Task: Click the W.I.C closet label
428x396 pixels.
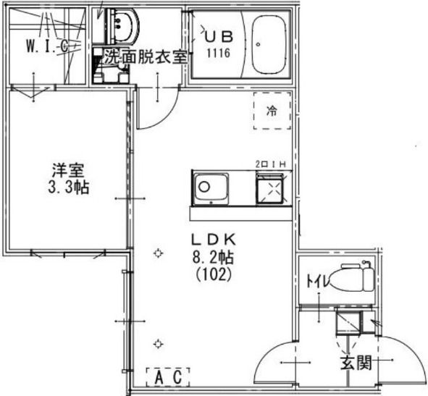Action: coord(47,46)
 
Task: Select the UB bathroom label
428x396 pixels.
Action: coord(219,37)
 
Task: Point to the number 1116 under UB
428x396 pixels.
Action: coord(219,53)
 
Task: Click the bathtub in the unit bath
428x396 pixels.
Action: coord(269,44)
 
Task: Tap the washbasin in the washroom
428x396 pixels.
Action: coord(123,26)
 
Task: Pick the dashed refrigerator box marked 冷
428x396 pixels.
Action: coord(272,111)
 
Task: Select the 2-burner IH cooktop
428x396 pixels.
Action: coord(269,188)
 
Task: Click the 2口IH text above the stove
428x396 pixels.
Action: coord(270,164)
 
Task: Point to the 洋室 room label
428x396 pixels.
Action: coord(68,170)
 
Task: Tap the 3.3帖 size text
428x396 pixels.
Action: coord(69,188)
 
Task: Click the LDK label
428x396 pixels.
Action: coord(213,240)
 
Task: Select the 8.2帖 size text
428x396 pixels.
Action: coord(213,257)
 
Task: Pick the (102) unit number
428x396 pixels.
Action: coord(214,274)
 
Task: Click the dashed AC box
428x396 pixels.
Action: coord(168,377)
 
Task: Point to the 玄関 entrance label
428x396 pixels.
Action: coord(356,363)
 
